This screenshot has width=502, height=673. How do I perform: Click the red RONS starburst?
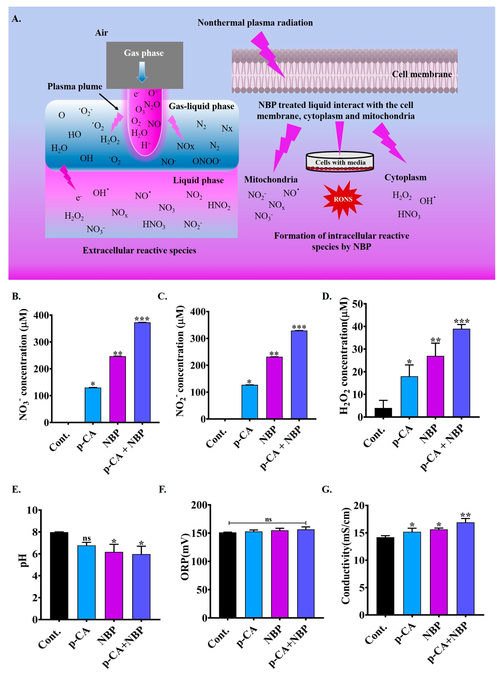(343, 199)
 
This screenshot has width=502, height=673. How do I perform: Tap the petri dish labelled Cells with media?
(340, 162)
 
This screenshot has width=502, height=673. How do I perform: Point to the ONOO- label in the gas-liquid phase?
(206, 161)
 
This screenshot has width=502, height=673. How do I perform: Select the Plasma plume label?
(75, 87)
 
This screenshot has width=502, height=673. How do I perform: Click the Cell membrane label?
(422, 74)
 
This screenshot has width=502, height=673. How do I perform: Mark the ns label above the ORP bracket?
(268, 519)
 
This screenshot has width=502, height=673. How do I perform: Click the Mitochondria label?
(271, 180)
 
